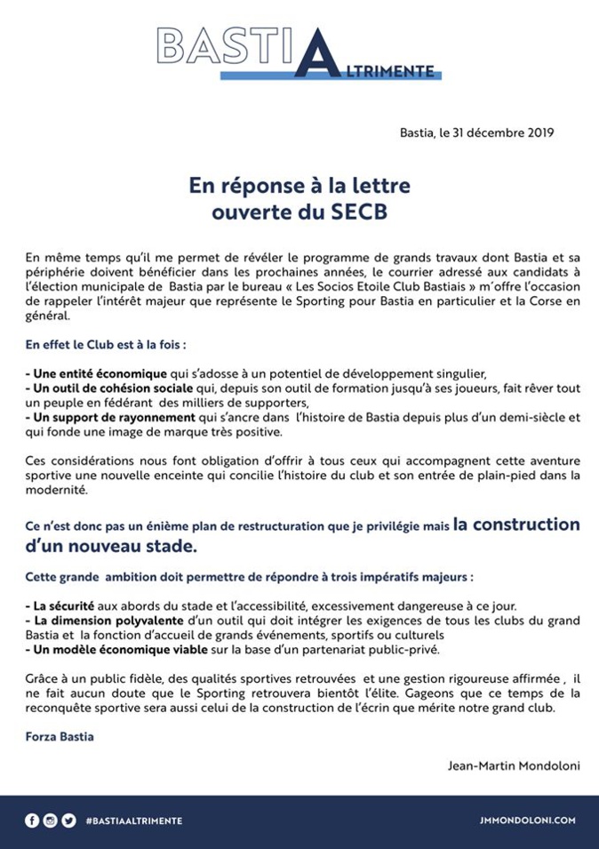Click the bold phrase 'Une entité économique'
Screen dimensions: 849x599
click(97, 372)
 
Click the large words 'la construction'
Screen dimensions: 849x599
click(515, 524)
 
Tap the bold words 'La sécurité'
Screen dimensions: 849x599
click(57, 605)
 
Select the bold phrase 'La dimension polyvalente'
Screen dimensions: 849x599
click(96, 621)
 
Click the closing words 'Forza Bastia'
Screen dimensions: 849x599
click(60, 737)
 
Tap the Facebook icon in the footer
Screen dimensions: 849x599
click(31, 821)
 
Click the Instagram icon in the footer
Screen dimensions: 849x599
click(50, 821)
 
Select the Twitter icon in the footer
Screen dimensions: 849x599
click(68, 821)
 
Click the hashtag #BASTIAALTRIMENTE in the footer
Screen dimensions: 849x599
click(134, 821)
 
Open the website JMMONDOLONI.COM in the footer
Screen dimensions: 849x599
click(528, 821)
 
